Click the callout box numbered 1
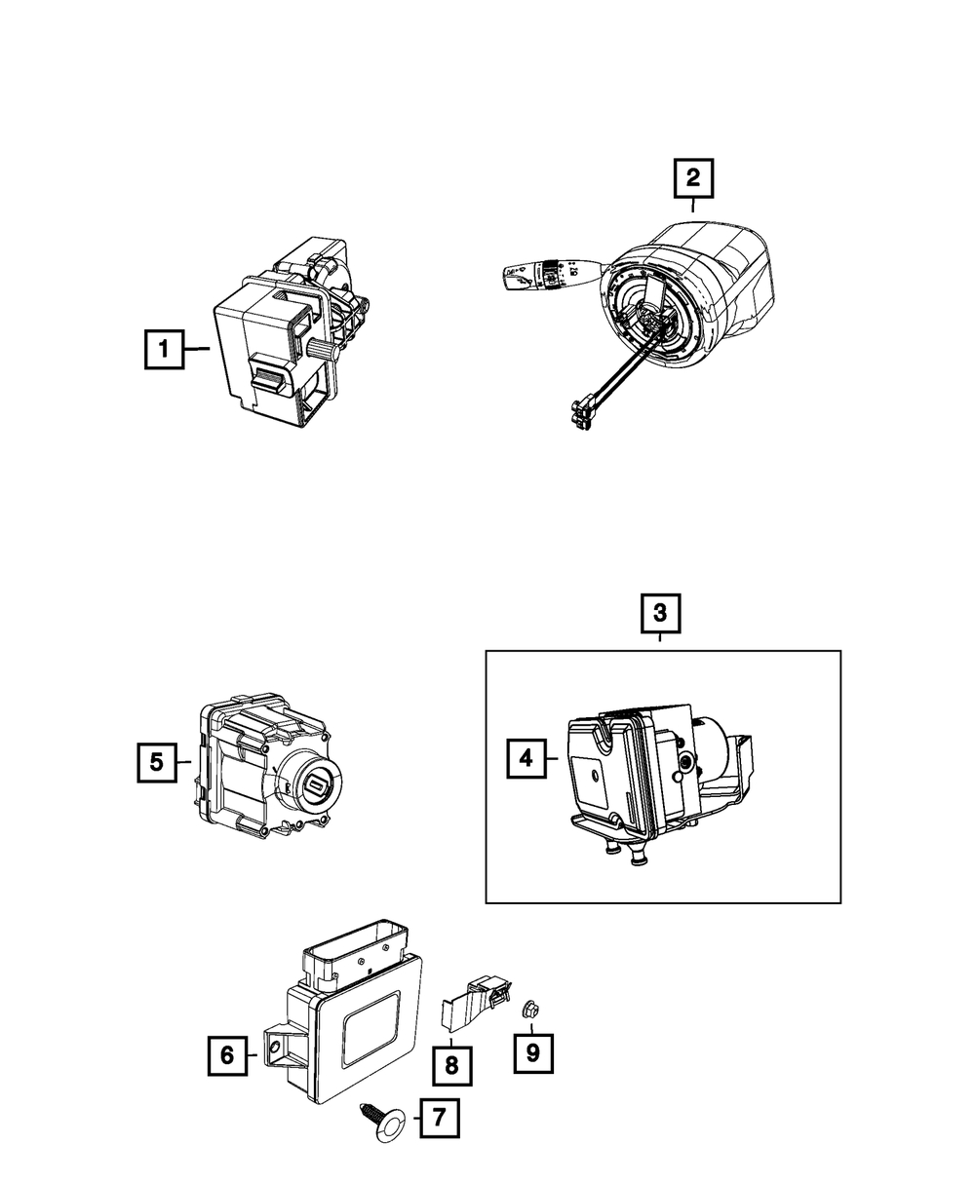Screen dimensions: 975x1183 tap(165, 349)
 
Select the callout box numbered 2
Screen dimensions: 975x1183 tap(693, 178)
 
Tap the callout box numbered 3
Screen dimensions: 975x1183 tap(660, 614)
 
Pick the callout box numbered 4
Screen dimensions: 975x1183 tap(526, 758)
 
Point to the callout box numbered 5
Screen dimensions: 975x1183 tap(157, 763)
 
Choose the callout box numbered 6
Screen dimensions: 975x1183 tap(227, 1055)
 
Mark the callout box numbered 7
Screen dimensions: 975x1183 tap(440, 1119)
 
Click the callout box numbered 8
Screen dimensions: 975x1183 tap(451, 1066)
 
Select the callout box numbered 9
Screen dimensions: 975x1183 tap(533, 1052)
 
